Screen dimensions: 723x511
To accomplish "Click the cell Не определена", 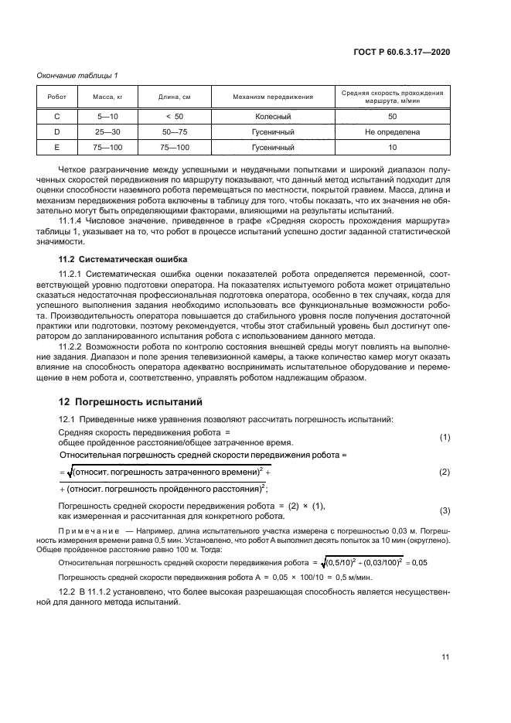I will coord(392,131).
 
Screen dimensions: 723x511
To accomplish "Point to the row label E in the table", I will coord(57,147).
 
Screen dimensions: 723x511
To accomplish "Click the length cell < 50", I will coord(175,116).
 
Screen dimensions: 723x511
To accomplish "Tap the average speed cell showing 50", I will coord(392,116).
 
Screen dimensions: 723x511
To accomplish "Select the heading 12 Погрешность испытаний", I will coord(120,401).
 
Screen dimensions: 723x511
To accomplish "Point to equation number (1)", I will coord(445,437).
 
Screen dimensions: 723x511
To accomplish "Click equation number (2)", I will coord(445,471).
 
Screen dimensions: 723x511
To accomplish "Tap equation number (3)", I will coord(445,510).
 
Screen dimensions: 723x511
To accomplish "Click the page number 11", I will coord(445,657).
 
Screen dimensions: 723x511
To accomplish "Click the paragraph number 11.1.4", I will coord(73,220).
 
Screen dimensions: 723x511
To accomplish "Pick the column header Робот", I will coord(57,97).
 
